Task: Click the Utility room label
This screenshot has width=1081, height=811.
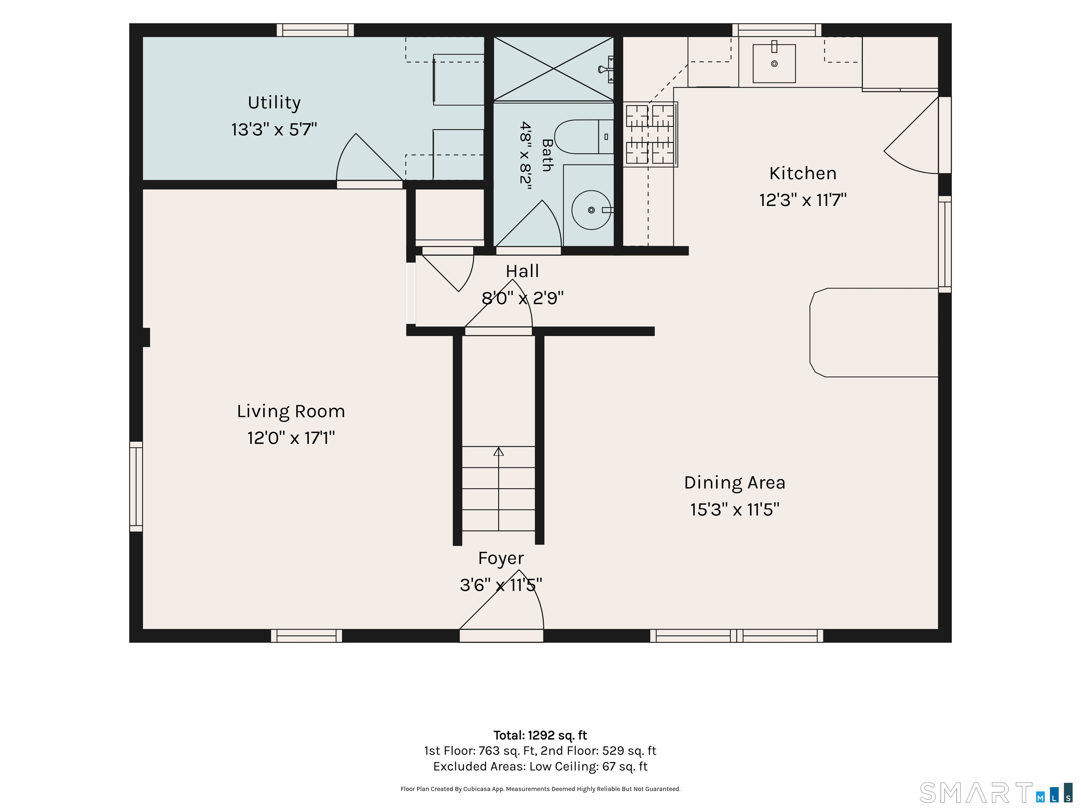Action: click(x=274, y=103)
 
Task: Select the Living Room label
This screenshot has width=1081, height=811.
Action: click(x=291, y=411)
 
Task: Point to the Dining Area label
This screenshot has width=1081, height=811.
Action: click(x=734, y=483)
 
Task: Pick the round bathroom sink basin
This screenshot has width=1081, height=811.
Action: click(x=591, y=210)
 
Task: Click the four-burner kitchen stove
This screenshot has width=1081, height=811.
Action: click(x=650, y=134)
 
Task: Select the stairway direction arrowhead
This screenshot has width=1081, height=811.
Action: click(x=499, y=451)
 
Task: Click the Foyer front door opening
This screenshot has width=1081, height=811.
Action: click(x=501, y=635)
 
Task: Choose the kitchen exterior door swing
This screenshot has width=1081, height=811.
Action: click(x=911, y=136)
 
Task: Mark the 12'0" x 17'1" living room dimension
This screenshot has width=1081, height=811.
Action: click(x=291, y=438)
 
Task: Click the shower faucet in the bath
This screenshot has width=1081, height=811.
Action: click(x=606, y=69)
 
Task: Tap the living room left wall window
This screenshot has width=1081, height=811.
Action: click(x=136, y=486)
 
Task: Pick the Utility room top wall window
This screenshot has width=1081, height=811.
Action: click(x=315, y=30)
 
